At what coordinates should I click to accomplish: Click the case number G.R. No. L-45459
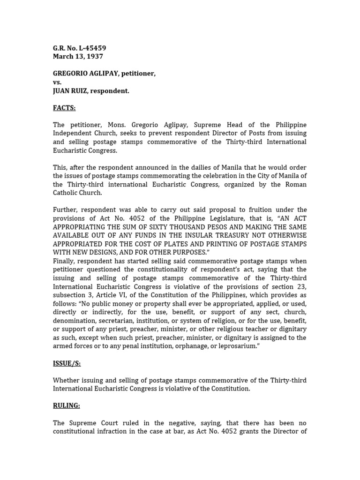pos(79,48)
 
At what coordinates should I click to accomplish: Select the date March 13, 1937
pos(78,56)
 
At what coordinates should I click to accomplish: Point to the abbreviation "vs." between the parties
pos(57,82)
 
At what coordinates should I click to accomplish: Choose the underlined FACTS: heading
pos(64,108)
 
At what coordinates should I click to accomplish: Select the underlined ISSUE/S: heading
pos(67,363)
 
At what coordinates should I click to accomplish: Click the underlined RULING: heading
pos(66,405)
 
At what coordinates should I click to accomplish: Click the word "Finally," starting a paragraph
pos(63,261)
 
